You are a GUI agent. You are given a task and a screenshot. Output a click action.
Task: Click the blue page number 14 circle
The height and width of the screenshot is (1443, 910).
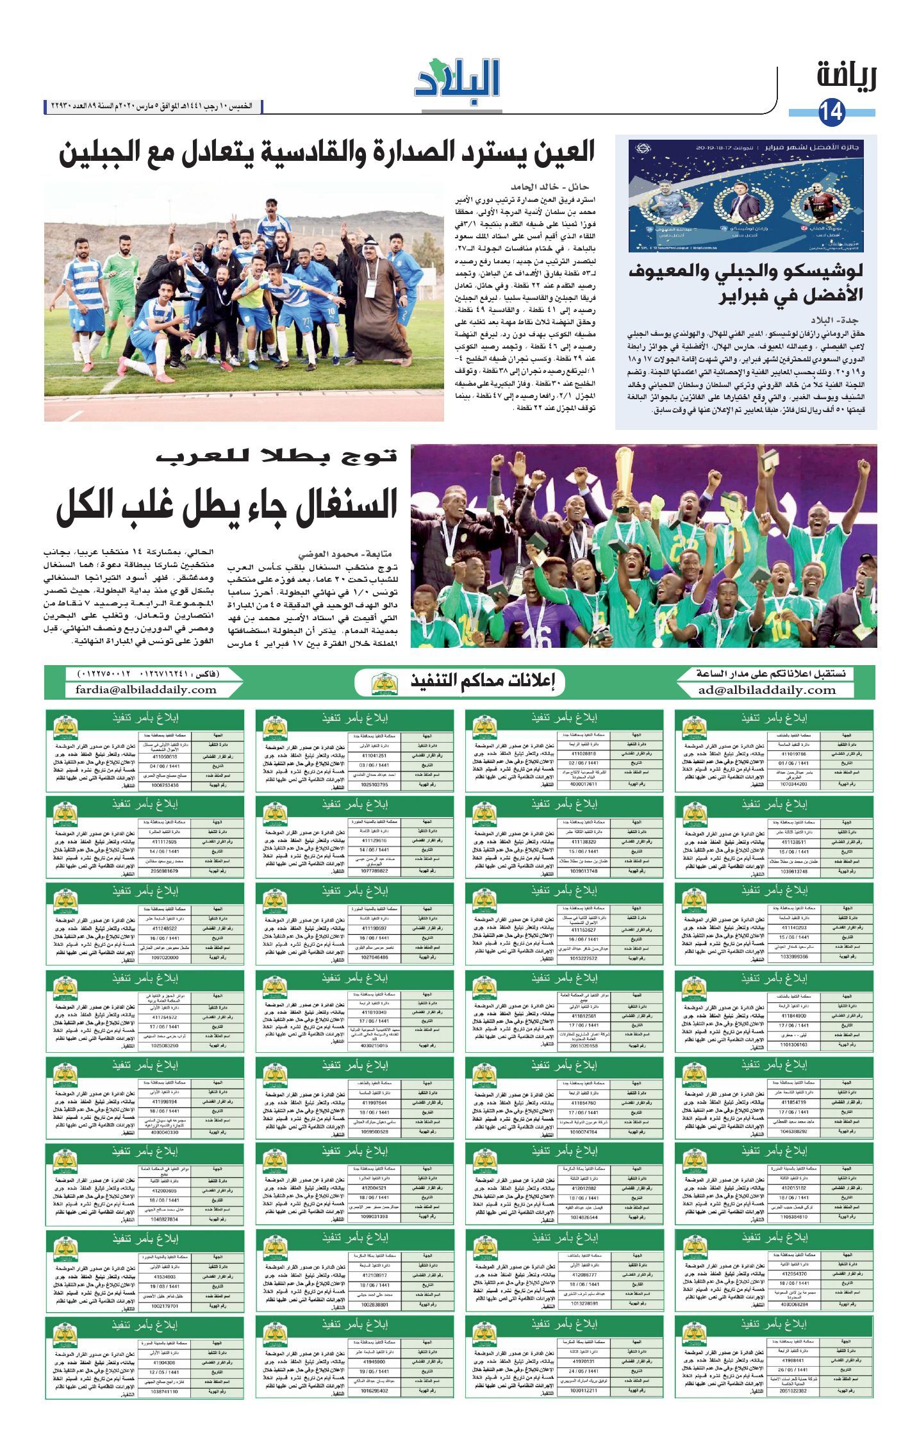pyautogui.click(x=832, y=113)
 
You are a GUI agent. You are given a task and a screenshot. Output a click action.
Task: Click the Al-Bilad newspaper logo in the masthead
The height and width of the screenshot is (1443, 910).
pyautogui.click(x=456, y=78)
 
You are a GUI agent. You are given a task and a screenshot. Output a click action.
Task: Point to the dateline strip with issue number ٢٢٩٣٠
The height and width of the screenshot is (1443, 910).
pyautogui.click(x=153, y=106)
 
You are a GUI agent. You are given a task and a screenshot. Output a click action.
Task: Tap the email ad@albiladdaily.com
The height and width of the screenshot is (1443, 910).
pyautogui.click(x=767, y=690)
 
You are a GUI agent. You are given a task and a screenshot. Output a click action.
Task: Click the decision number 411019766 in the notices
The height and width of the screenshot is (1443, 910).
pyautogui.click(x=794, y=755)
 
